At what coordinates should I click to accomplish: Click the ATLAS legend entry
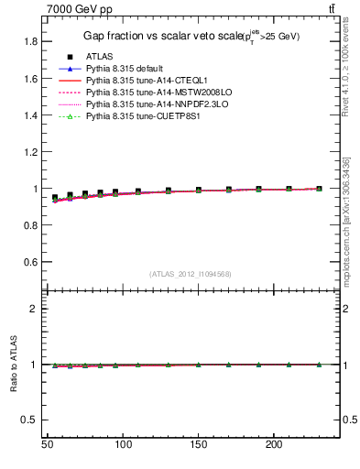click(x=97, y=55)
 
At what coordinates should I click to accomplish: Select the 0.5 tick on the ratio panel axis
click(x=28, y=420)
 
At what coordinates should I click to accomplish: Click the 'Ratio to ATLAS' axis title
click(x=13, y=365)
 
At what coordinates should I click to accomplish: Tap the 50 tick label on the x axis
click(x=47, y=444)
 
